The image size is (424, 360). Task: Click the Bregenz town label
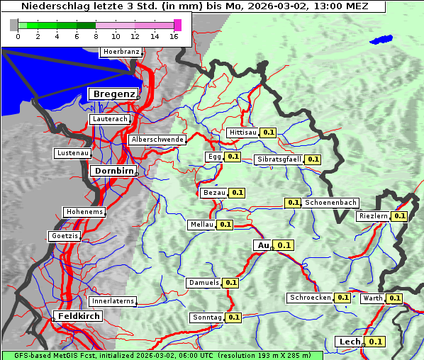click(x=113, y=94)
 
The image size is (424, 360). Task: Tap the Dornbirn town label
click(x=113, y=171)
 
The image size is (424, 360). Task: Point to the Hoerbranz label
click(x=121, y=52)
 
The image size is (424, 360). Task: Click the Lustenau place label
click(x=72, y=153)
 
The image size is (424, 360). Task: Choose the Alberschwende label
click(x=157, y=140)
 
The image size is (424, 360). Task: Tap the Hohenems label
click(x=84, y=212)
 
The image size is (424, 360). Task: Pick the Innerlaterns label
click(x=113, y=301)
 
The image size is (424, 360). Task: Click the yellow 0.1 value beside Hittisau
click(x=269, y=133)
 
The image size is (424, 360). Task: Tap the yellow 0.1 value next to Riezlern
click(x=400, y=216)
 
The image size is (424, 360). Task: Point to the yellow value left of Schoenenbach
click(x=293, y=203)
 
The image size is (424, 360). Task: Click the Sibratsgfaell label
click(x=279, y=159)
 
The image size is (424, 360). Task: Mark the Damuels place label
click(x=203, y=283)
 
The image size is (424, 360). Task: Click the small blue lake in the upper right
click(x=381, y=40)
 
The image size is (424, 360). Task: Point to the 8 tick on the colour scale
click(x=96, y=36)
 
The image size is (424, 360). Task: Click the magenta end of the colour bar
click(x=177, y=25)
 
